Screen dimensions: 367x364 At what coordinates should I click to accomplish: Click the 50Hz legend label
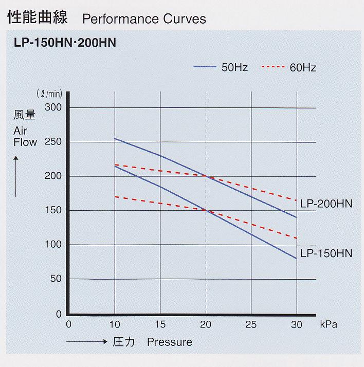pyautogui.click(x=234, y=67)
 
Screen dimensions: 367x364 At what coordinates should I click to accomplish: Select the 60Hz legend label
pyautogui.click(x=302, y=67)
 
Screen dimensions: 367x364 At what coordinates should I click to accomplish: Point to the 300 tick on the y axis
pyautogui.click(x=53, y=107)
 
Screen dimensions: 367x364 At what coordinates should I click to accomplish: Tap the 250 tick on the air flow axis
pyautogui.click(x=53, y=141)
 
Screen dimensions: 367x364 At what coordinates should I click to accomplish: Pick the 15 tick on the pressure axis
pyautogui.click(x=160, y=324)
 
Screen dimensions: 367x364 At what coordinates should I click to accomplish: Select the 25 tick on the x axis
pyautogui.click(x=251, y=324)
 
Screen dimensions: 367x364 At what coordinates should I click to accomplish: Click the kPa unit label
pyautogui.click(x=330, y=324)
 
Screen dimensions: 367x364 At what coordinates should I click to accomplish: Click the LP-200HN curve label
pyautogui.click(x=326, y=204)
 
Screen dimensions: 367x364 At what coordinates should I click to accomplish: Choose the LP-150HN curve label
pyautogui.click(x=326, y=253)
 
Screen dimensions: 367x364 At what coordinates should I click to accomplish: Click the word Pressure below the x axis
pyautogui.click(x=169, y=342)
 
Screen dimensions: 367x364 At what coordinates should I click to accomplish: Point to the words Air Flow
pyautogui.click(x=25, y=136)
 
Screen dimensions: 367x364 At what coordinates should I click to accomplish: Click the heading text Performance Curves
pyautogui.click(x=144, y=19)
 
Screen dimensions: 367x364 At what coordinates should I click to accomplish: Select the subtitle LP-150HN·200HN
pyautogui.click(x=65, y=43)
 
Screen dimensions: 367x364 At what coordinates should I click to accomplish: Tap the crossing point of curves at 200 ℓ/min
pyautogui.click(x=206, y=176)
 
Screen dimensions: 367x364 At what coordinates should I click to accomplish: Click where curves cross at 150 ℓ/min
pyautogui.click(x=206, y=210)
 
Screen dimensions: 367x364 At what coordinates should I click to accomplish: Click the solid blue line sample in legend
pyautogui.click(x=205, y=67)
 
